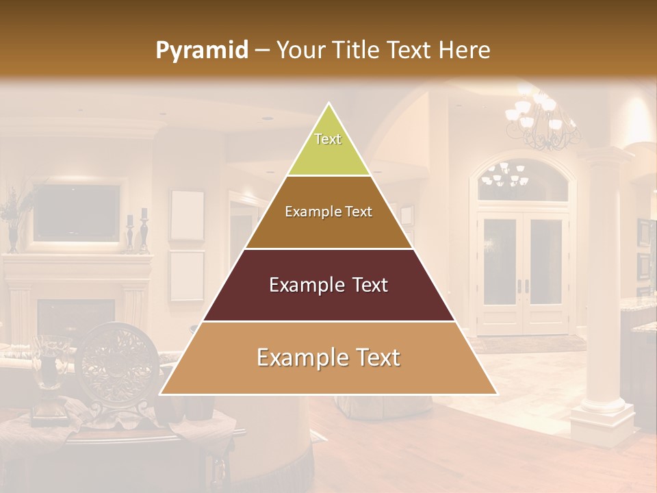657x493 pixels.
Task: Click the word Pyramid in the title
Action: pos(201,51)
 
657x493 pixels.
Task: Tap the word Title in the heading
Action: pos(356,51)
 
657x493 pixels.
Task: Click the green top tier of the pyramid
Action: pos(328,147)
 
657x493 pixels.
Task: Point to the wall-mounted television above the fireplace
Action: pos(77,212)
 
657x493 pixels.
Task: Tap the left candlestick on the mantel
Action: pos(130,233)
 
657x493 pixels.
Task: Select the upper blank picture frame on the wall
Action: pos(187,215)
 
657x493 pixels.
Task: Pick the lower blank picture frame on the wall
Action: pos(187,276)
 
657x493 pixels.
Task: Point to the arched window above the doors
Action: pos(522,179)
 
